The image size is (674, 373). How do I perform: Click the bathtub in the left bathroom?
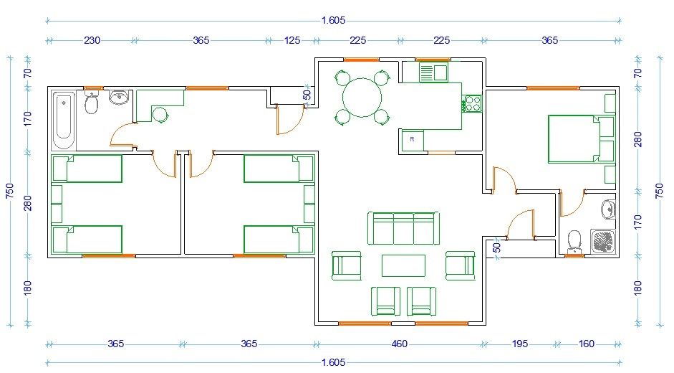pos(64,120)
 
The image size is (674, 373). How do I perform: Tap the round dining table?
pos(362,98)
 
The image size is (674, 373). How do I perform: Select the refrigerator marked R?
pos(413,140)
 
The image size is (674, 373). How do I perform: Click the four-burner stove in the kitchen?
pos(472,103)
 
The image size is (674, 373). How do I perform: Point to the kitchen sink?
pos(434,72)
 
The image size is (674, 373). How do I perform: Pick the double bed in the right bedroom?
pos(581,138)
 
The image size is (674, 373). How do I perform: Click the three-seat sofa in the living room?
pos(403,228)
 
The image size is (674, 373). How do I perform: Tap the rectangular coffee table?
pos(404,265)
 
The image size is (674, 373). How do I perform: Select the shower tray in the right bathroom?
pos(602,241)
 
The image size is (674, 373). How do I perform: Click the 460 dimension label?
pos(400,344)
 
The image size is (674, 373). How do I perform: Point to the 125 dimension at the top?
pos(292,40)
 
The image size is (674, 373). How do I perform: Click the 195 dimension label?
pos(520,344)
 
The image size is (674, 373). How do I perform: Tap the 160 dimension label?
pos(587,344)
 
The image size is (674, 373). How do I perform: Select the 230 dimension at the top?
pos(92,40)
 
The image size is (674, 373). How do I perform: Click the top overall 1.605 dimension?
pos(333,20)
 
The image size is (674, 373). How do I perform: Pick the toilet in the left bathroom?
pos(91,102)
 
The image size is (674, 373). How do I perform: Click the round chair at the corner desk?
pos(160,115)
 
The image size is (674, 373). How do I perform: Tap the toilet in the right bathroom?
pos(574,242)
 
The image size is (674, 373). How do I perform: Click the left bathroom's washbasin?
pos(119,98)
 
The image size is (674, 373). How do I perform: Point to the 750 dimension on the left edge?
pos(9,191)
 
